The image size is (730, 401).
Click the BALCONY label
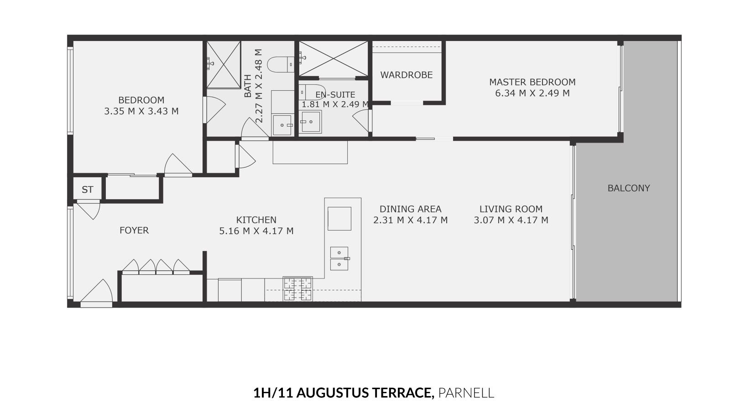pos(628,188)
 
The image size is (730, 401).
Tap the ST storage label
pos(88,190)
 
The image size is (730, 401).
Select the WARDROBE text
pos(406,75)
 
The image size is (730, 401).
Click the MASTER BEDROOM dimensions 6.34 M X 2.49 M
pos(532,93)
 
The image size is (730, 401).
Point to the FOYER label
pos(134,231)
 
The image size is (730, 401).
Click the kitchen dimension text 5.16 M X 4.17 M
pos(256,231)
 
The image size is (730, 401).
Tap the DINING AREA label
pos(410,209)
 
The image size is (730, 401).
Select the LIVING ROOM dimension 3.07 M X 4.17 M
pos(511,220)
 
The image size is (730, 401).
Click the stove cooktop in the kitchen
pos(297,289)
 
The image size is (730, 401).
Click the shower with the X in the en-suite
pos(333,59)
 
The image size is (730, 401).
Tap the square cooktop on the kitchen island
pos(339,219)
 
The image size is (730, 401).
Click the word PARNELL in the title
pos(466,392)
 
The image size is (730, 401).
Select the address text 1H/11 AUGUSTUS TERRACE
pos(343,392)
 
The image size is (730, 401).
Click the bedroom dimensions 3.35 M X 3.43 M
pos(141,111)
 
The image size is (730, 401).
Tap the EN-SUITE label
pos(335,95)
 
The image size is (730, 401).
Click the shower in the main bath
pos(224,65)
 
